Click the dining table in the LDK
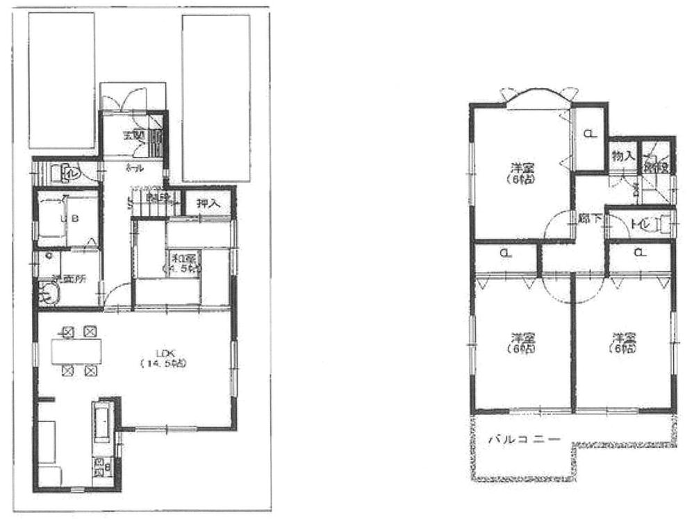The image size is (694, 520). coord(77,352)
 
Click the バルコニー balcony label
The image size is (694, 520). coord(523,439)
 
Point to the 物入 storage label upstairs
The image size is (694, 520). coord(622,156)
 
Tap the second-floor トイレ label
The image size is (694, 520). coord(638,224)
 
